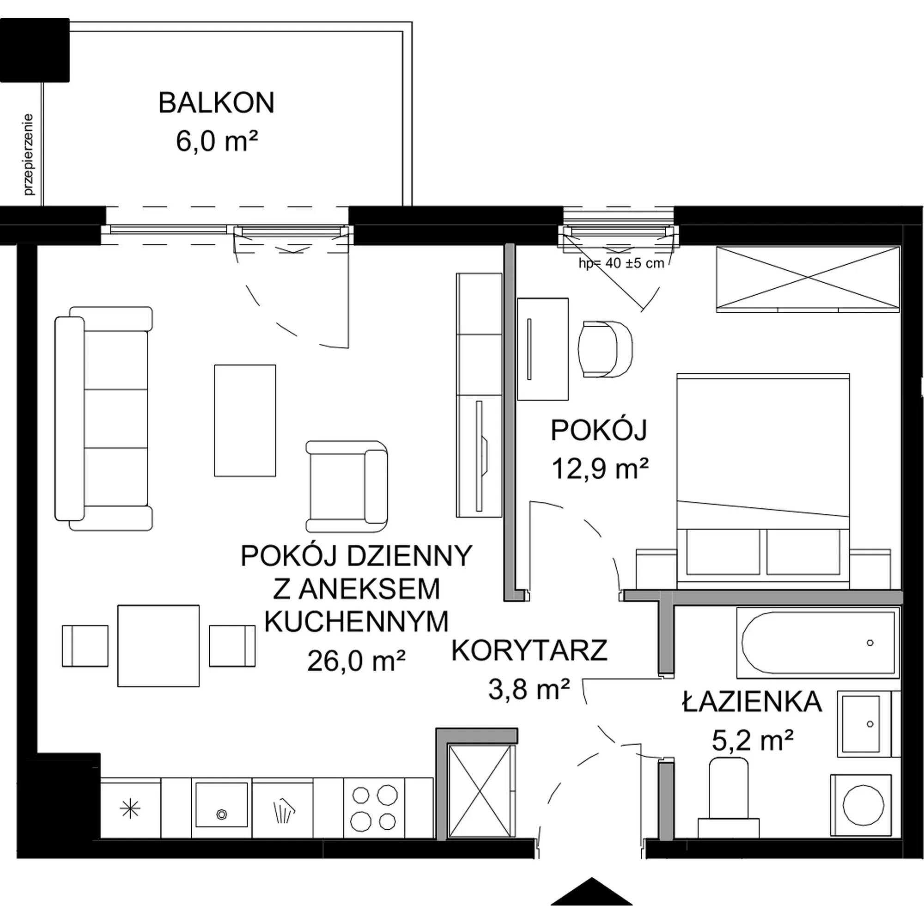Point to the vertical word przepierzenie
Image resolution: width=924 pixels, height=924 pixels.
[29, 154]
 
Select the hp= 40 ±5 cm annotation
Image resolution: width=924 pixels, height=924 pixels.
[621, 263]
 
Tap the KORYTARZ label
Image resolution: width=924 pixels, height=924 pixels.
[529, 651]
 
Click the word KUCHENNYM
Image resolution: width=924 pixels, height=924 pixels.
[356, 621]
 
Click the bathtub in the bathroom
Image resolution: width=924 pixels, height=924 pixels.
[818, 643]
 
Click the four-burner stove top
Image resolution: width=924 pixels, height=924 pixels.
[374, 808]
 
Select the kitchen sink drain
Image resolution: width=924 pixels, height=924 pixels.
[221, 814]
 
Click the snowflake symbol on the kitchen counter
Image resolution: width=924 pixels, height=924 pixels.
[130, 809]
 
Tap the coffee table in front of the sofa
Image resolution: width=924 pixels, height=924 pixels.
[245, 421]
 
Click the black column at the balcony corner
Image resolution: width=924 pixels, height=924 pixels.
[35, 50]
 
